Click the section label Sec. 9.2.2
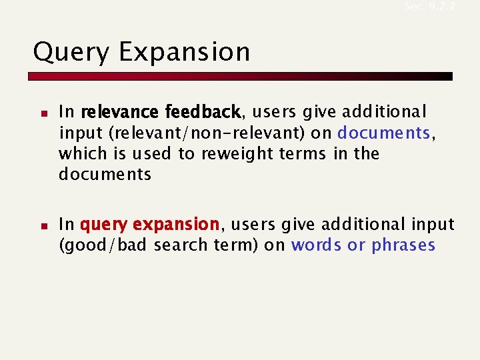pos(429,6)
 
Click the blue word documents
pos(384,133)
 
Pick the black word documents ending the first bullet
pos(105,175)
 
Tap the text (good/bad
pos(103,245)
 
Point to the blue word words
pos(316,245)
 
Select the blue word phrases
pos(403,245)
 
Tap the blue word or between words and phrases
pos(356,245)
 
